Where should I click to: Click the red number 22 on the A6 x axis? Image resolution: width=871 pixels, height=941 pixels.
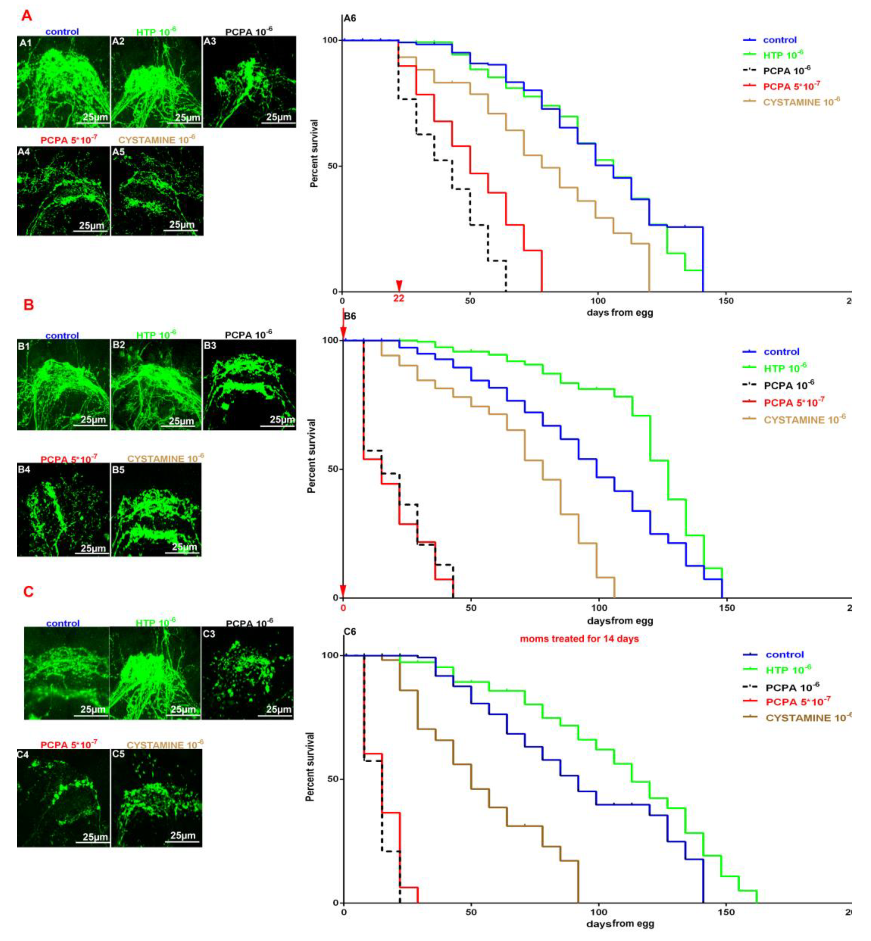pyautogui.click(x=399, y=298)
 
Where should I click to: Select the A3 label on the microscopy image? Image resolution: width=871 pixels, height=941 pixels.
pyautogui.click(x=210, y=42)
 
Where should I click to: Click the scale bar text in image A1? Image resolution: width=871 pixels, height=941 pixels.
pyautogui.click(x=95, y=117)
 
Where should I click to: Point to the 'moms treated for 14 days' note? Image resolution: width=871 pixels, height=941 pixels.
pyautogui.click(x=579, y=639)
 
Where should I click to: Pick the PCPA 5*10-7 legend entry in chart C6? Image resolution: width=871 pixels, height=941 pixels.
pyautogui.click(x=798, y=702)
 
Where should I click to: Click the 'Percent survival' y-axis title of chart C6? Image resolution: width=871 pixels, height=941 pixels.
pyautogui.click(x=310, y=767)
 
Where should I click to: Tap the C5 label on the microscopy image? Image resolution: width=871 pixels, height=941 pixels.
pyautogui.click(x=118, y=754)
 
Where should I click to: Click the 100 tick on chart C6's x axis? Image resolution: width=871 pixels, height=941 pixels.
pyautogui.click(x=599, y=912)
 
